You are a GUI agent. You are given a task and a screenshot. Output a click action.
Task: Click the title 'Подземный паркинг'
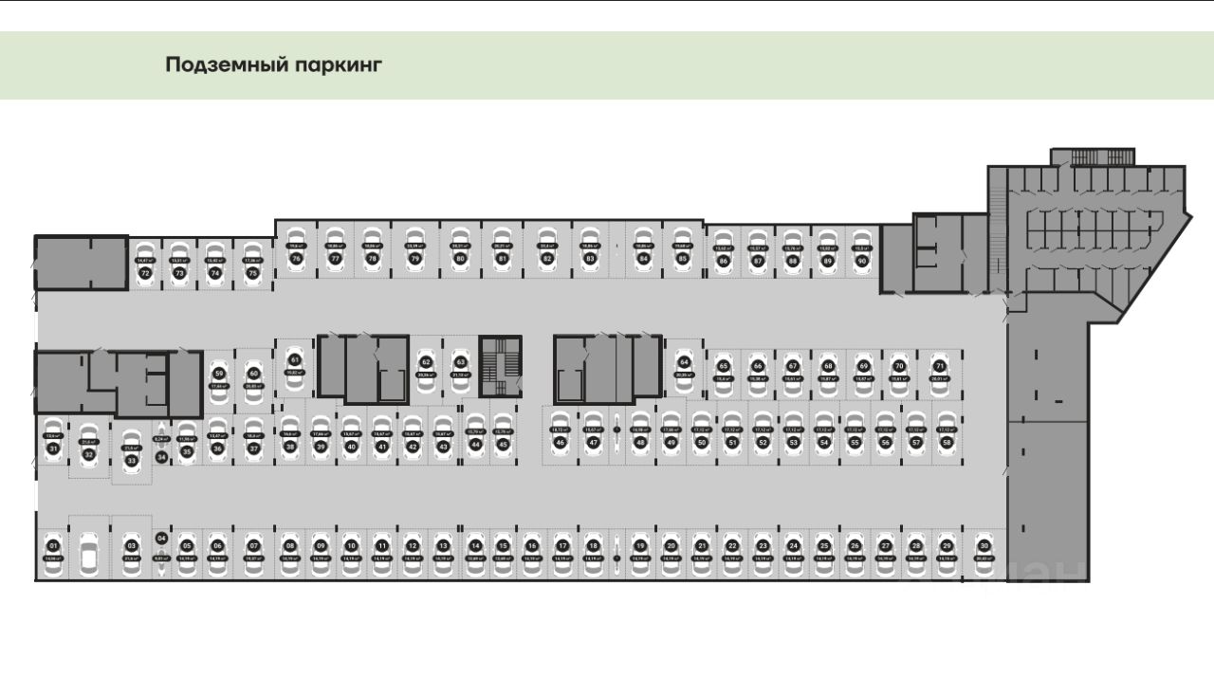(x=273, y=64)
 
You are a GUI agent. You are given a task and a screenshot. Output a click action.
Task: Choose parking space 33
(x=132, y=455)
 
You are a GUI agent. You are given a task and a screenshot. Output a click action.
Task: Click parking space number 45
(x=503, y=438)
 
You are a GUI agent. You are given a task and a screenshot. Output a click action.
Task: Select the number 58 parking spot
(x=946, y=436)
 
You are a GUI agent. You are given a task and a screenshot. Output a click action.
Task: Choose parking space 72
(x=145, y=266)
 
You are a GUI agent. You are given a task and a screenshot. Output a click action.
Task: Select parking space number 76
(x=296, y=253)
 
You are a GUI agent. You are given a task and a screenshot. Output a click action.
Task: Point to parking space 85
(x=681, y=253)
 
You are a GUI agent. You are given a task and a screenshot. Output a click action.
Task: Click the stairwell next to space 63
(x=501, y=364)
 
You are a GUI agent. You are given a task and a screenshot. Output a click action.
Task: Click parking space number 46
(x=560, y=436)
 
